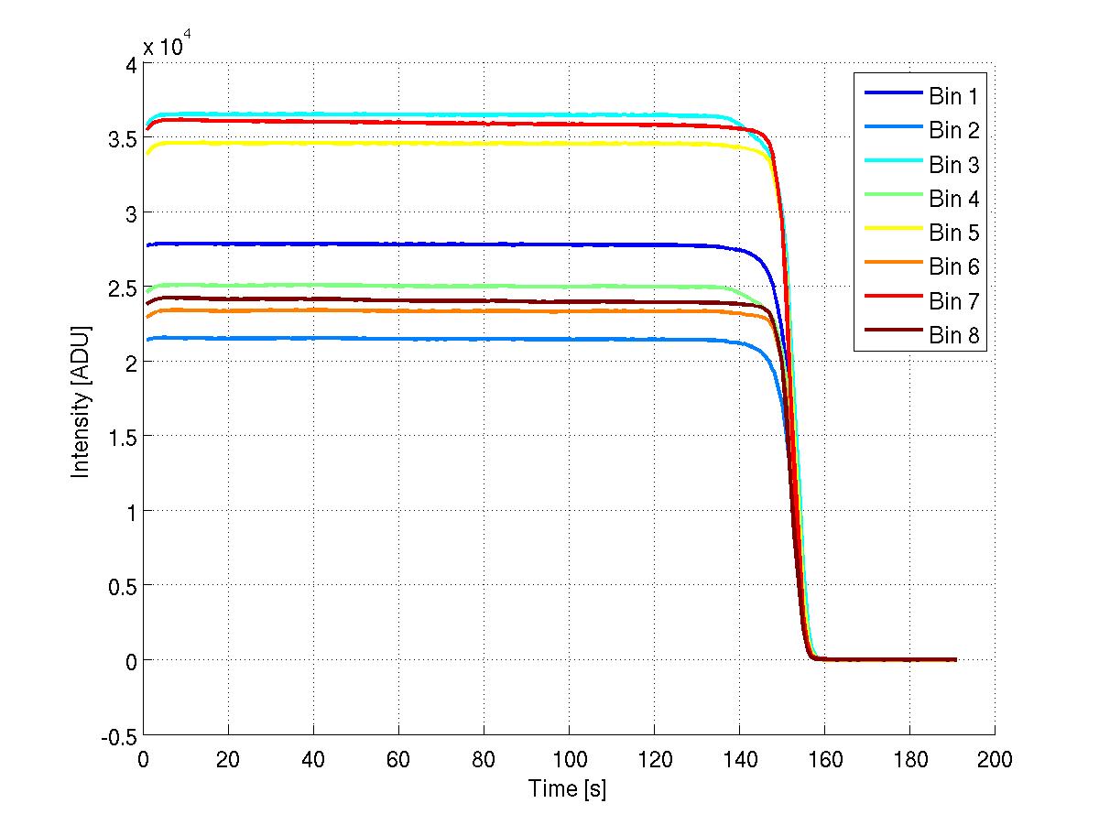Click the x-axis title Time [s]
click(x=568, y=788)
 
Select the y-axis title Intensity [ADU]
click(x=82, y=399)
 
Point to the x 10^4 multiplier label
click(x=167, y=46)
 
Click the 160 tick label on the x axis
click(x=823, y=759)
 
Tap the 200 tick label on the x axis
click(x=994, y=759)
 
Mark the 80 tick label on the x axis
click(x=484, y=759)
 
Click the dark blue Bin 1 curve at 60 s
click(x=398, y=244)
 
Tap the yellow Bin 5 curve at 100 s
click(x=569, y=144)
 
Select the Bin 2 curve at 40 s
click(x=313, y=339)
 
